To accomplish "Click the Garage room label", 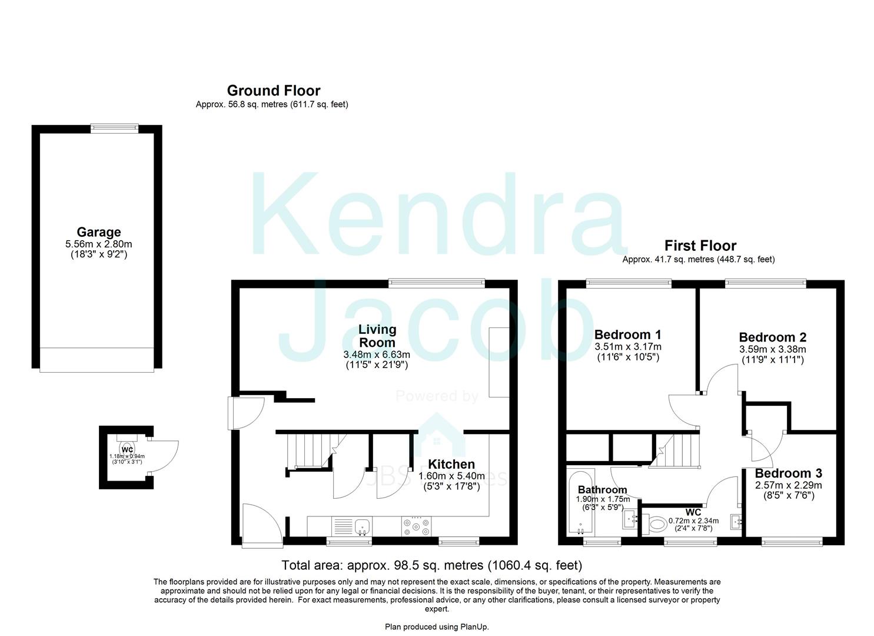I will click(x=98, y=232).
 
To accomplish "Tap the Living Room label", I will click(x=377, y=336).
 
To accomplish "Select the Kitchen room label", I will click(x=451, y=465).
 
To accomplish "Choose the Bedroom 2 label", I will click(x=772, y=337).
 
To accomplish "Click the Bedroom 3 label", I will click(x=788, y=473).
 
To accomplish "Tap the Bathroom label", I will click(x=602, y=489).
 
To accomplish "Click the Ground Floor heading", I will click(x=274, y=91).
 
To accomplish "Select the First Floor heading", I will click(x=700, y=246).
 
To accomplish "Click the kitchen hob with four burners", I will click(x=417, y=525).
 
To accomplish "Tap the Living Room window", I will click(x=436, y=283).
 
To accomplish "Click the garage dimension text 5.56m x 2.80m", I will click(x=98, y=244).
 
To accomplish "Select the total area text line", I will click(x=431, y=565).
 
